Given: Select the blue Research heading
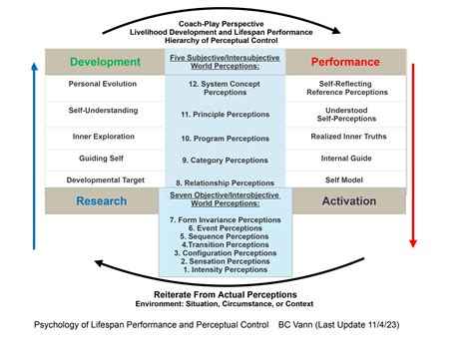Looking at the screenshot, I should coord(101,200).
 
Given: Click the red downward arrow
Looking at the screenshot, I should coord(413,150).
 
